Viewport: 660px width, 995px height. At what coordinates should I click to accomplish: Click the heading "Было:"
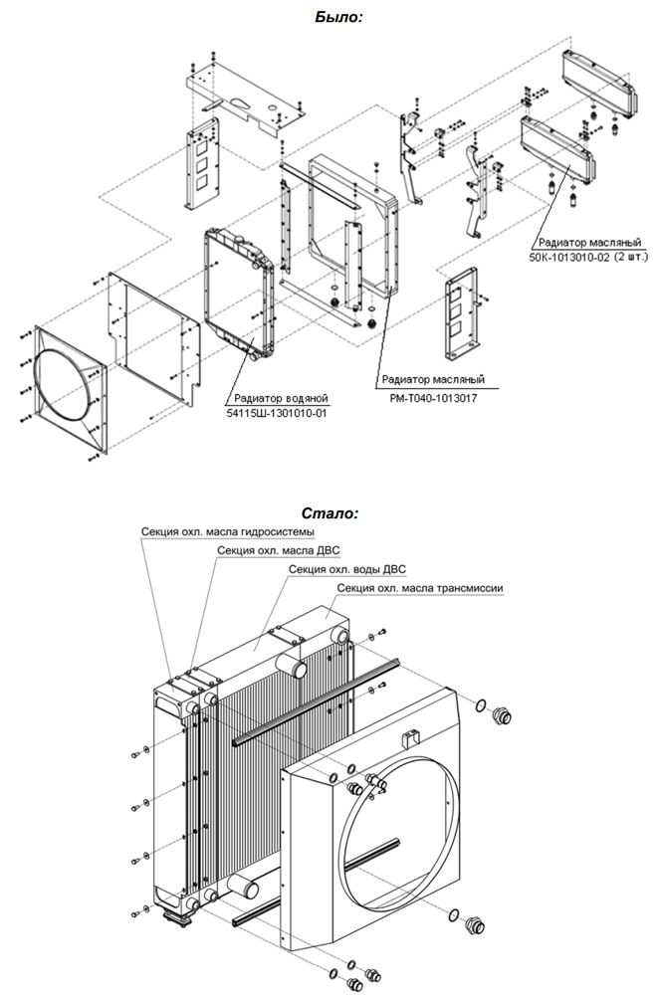(338, 17)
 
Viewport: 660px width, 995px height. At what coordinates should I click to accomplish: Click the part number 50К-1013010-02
(568, 258)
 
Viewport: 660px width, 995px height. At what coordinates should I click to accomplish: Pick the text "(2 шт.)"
(630, 258)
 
